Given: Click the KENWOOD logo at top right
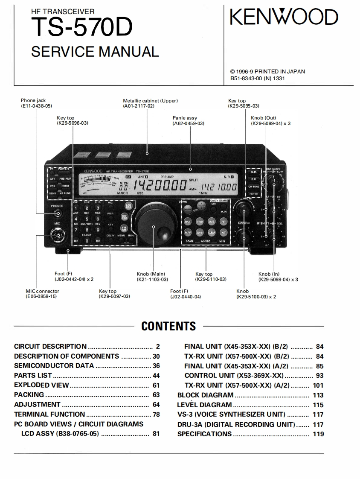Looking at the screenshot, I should [284, 18].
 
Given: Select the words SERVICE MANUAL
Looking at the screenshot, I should [95, 52].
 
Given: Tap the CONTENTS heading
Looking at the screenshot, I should [168, 327].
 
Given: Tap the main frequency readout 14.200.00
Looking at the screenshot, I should [160, 186].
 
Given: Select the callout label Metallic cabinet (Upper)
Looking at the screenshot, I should [150, 101].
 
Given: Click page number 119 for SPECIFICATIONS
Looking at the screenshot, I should [318, 434].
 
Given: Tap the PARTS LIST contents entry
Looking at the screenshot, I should [33, 376].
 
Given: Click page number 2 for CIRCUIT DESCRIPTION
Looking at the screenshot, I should [157, 347].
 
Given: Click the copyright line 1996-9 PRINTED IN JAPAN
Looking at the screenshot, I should [267, 72].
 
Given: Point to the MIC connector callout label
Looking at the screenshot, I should [42, 291].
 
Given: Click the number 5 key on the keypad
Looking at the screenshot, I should [87, 219].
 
